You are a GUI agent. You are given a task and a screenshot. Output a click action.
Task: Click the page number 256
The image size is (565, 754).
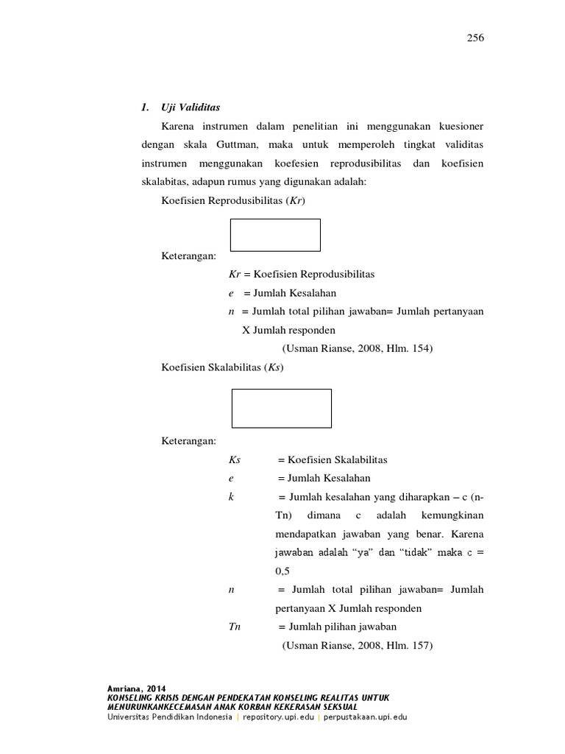tap(475, 38)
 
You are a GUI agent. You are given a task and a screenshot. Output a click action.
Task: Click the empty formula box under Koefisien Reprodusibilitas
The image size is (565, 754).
tap(275, 235)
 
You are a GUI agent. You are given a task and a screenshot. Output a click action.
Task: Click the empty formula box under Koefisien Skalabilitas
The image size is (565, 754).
tap(281, 409)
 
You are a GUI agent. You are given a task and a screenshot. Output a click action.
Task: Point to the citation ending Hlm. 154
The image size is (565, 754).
tap(357, 349)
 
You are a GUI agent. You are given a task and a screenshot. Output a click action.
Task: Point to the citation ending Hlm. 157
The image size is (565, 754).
tap(358, 646)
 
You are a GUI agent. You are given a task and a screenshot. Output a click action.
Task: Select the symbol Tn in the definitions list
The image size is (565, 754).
tap(235, 627)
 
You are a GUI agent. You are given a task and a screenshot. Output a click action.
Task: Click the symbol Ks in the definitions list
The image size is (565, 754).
tap(235, 459)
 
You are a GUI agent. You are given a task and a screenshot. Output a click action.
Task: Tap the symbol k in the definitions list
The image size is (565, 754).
tap(231, 497)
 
